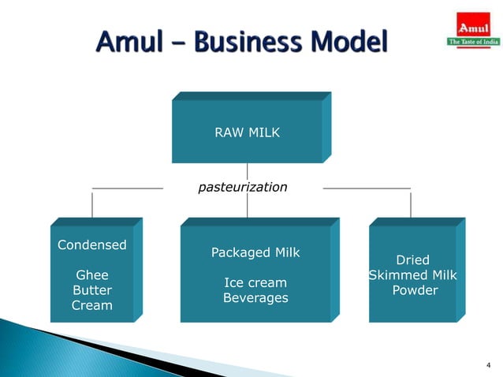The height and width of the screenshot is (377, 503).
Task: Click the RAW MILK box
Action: (x=247, y=133)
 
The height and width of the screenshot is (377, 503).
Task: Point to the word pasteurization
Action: (x=242, y=188)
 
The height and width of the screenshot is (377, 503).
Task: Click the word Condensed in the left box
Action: (x=91, y=244)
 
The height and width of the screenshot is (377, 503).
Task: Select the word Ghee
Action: (x=91, y=274)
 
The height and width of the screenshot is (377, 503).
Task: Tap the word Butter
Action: (x=91, y=289)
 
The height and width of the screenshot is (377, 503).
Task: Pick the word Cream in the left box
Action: (x=91, y=304)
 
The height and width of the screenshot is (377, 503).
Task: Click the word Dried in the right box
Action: (x=412, y=260)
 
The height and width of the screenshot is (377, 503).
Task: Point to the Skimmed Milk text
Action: (x=413, y=275)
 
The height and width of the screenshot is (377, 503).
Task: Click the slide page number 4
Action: (x=488, y=364)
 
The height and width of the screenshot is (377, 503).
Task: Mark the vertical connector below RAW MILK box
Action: (x=248, y=171)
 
